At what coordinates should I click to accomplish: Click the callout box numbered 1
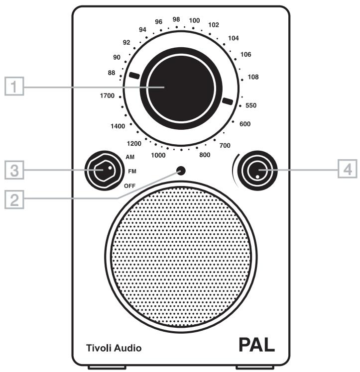point(17,88)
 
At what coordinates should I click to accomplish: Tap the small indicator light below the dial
point(181,171)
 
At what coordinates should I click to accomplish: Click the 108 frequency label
point(253,77)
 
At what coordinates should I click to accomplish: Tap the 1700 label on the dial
point(107,95)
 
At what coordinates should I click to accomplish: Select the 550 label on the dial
point(250,105)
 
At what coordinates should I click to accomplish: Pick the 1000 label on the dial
point(158,155)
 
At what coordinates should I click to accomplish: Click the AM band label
point(130,157)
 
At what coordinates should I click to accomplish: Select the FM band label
point(131,171)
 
